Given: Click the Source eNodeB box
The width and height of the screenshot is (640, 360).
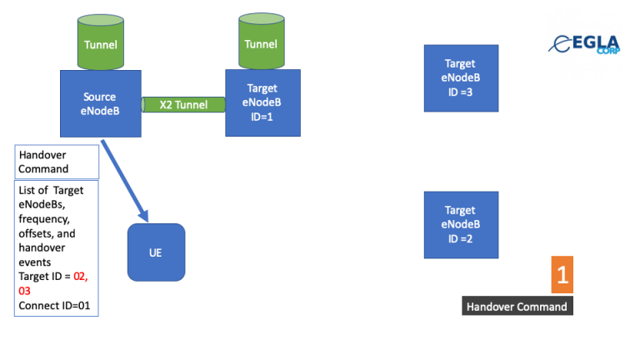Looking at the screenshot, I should click(99, 102).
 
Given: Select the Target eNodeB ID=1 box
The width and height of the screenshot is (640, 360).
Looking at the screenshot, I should click(262, 102).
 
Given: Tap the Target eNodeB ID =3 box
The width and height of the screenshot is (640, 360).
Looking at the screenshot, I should click(461, 77).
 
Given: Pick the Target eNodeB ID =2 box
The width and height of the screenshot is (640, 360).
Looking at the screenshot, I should click(461, 224).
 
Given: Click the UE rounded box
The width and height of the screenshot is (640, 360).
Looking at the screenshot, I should click(155, 252).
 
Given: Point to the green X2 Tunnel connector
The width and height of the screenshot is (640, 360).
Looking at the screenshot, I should click(183, 105).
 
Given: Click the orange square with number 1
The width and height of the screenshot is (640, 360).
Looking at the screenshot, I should click(562, 275).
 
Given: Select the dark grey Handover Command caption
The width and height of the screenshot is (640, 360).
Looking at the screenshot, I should click(517, 307).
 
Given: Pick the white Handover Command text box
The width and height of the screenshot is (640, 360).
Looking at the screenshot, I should click(57, 162).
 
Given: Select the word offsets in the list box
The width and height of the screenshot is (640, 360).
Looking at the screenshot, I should click(37, 234).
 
